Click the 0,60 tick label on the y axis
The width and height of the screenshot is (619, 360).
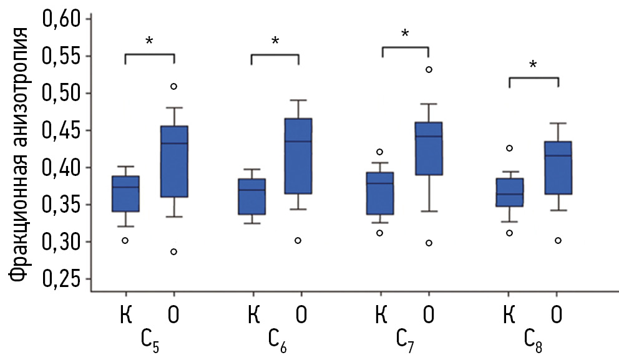click(x=62, y=19)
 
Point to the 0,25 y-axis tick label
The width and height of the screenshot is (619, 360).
click(x=62, y=279)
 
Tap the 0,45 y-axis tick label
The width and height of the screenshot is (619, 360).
click(x=62, y=130)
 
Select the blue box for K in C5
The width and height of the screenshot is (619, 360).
click(x=125, y=194)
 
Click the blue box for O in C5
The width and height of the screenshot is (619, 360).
click(x=174, y=162)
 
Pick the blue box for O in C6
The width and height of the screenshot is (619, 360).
click(x=298, y=156)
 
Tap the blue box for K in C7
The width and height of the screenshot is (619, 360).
click(x=380, y=193)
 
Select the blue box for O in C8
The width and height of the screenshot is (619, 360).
click(x=558, y=168)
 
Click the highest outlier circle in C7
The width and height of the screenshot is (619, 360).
click(x=429, y=69)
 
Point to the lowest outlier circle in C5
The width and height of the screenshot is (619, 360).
click(x=173, y=251)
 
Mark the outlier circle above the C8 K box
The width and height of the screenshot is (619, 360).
click(x=509, y=148)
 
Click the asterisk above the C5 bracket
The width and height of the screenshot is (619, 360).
click(x=149, y=42)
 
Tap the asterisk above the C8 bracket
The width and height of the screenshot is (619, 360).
click(x=533, y=65)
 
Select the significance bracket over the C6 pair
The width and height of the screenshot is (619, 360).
click(x=275, y=56)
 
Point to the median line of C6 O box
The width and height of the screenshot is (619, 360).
click(x=298, y=141)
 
